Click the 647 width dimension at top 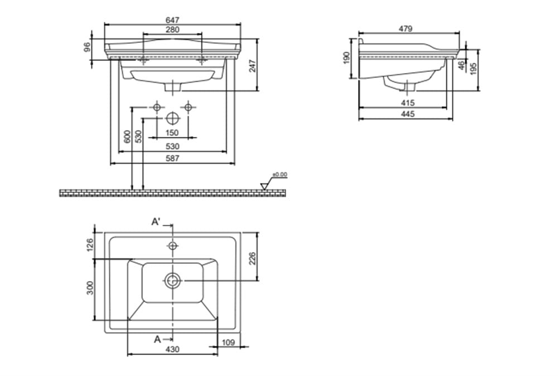pos(172,20)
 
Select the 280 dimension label pos(172,30)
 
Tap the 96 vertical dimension pos(87,47)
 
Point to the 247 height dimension pos(252,66)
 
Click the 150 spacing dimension pos(172,133)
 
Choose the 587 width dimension pos(172,158)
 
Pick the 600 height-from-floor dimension pos(127,137)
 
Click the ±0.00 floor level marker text pos(280,175)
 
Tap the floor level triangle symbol pos(264,186)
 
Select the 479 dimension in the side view pos(405,28)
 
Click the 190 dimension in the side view pos(347,58)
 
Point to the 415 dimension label pos(407,103)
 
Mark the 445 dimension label pos(407,114)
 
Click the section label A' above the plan pos(156,222)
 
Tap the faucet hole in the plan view pos(172,245)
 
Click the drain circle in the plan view pos(173,281)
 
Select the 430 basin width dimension pos(172,349)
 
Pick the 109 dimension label pos(228,342)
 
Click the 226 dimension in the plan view pos(252,258)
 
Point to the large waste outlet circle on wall pos(173,118)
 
